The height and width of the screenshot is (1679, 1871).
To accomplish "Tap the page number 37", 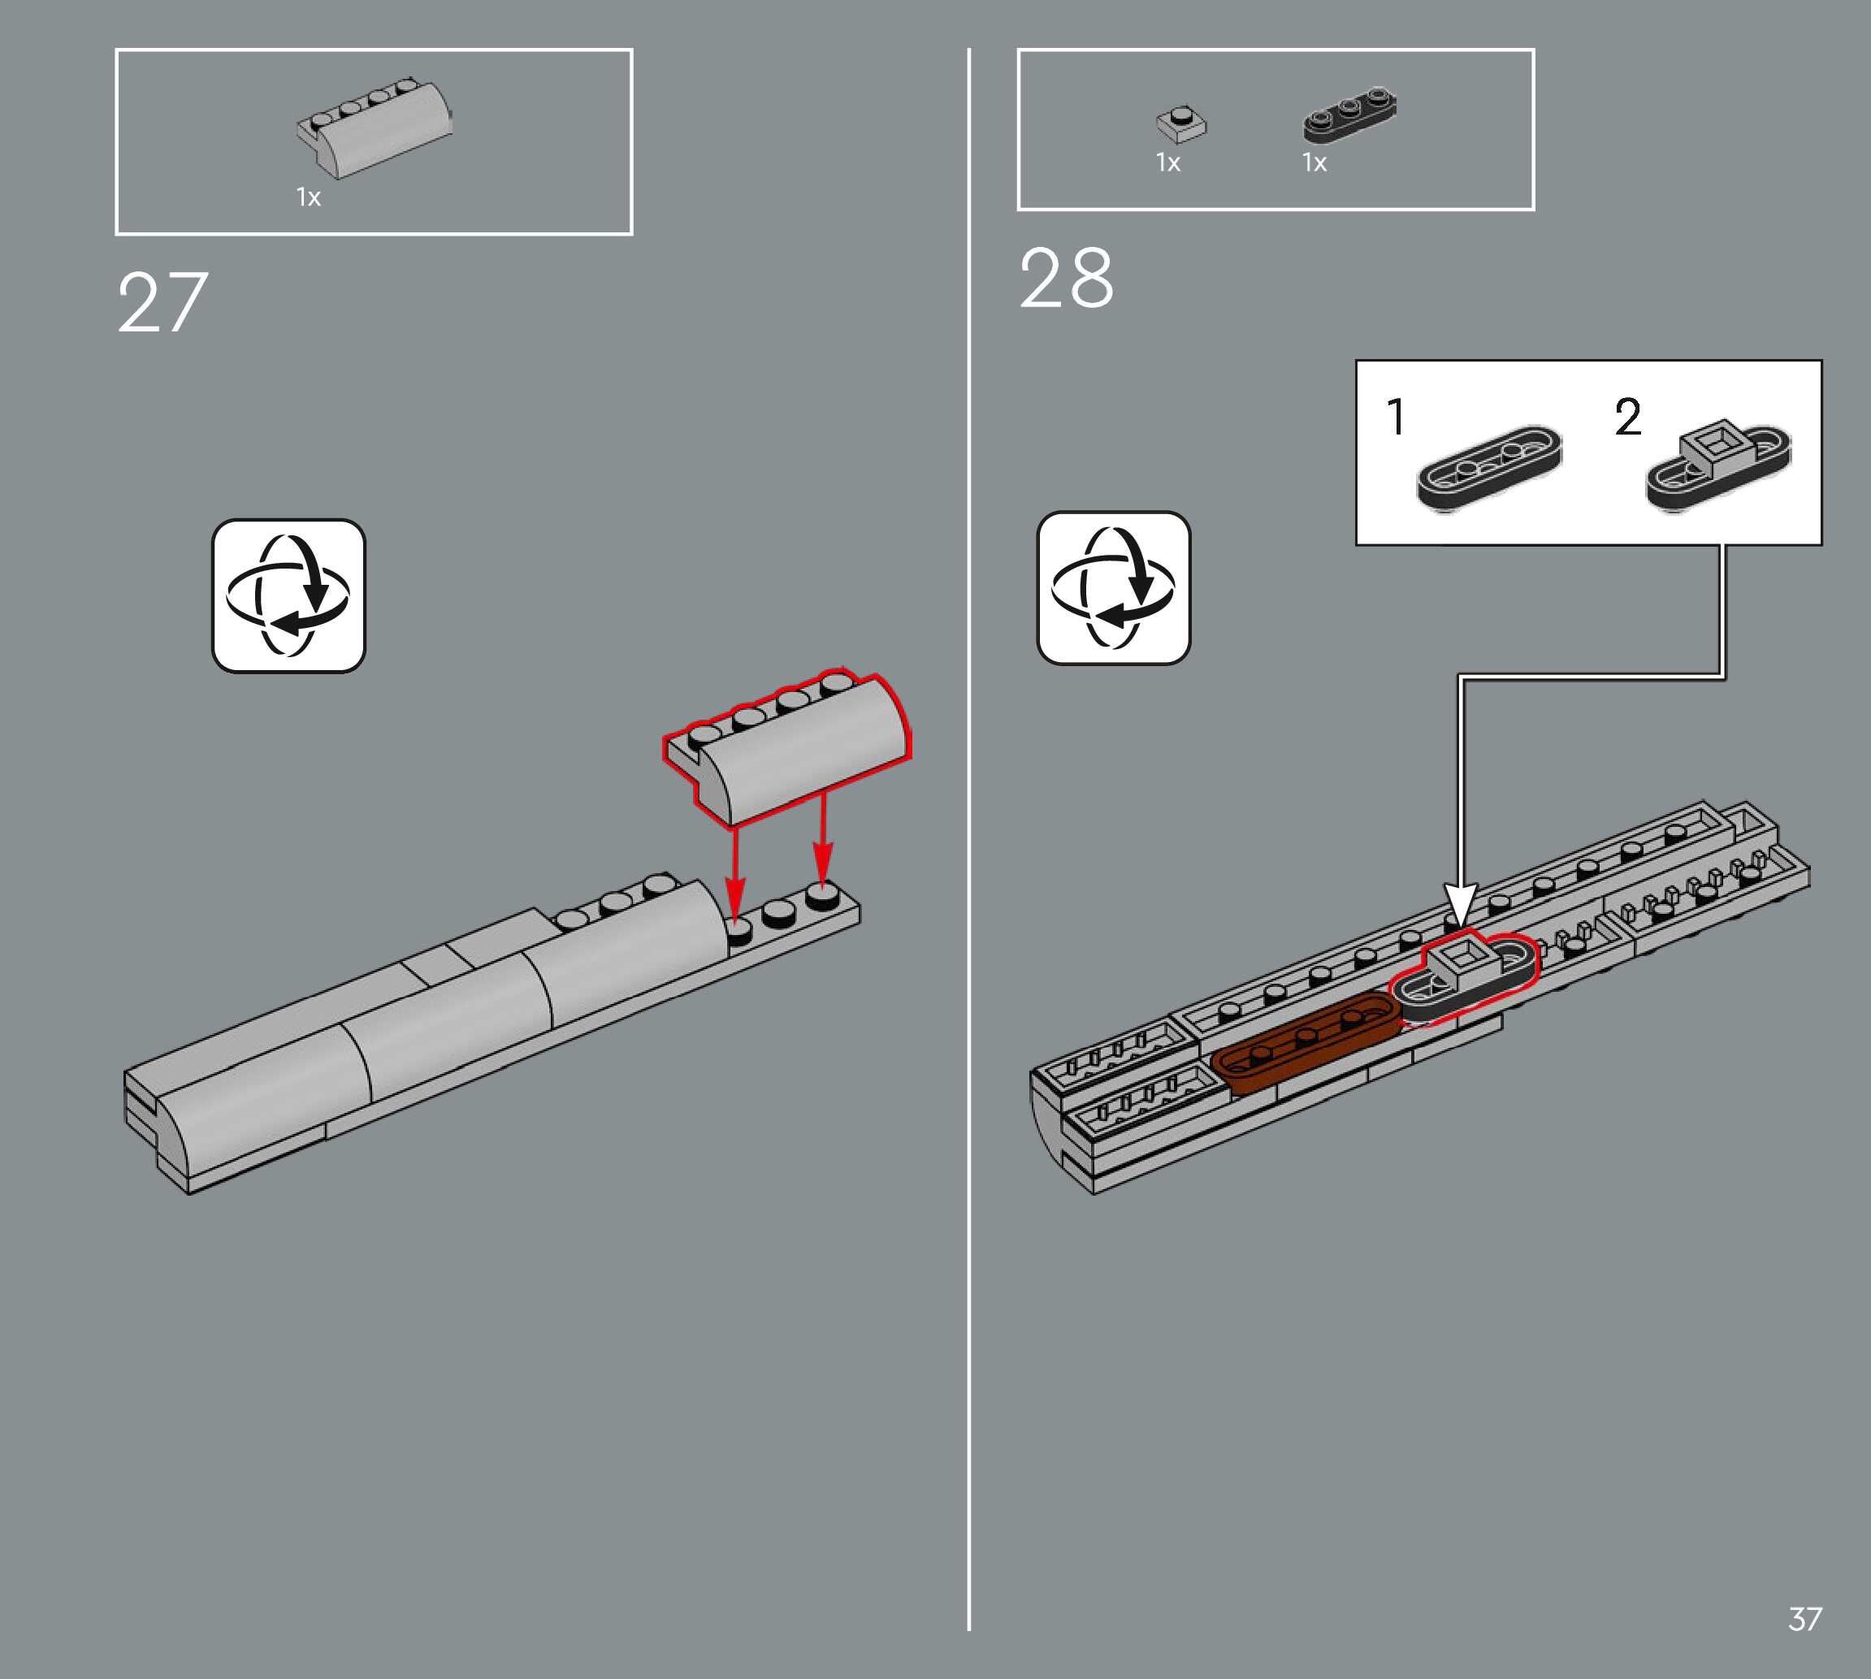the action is coord(1804,1619).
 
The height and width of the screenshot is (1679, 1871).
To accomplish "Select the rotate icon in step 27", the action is coord(288,596).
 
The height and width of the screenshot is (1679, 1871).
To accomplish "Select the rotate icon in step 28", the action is coord(1114,587).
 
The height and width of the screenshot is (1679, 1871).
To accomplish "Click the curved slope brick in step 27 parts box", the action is coord(375,130).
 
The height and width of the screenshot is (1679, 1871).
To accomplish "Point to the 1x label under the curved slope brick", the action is coord(308,197).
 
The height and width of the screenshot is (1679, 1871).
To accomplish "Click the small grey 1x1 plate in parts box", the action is coord(1181,123).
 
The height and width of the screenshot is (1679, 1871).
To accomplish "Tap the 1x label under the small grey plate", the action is coord(1168,163).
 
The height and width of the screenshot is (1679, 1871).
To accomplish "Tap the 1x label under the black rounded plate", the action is coord(1314,163).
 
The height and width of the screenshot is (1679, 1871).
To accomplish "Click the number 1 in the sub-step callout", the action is coord(1396,417).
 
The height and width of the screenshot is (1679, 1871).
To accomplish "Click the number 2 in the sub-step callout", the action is coord(1627,417).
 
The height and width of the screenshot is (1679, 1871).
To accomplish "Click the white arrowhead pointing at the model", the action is coord(1460,904).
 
